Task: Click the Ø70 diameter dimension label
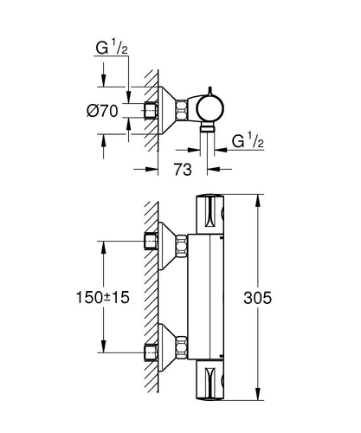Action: pyautogui.click(x=102, y=111)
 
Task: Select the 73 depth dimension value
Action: pyautogui.click(x=183, y=170)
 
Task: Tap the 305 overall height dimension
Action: pyautogui.click(x=257, y=298)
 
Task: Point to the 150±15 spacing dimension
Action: pyautogui.click(x=102, y=297)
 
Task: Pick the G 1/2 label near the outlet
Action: pyautogui.click(x=248, y=141)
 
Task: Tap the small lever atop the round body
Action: pyautogui.click(x=210, y=91)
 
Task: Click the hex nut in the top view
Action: pyautogui.click(x=182, y=110)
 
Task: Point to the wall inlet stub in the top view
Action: pyautogui.click(x=151, y=110)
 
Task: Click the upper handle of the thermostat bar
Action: pyautogui.click(x=210, y=214)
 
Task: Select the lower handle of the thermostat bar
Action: pyautogui.click(x=210, y=380)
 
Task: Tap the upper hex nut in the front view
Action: pyautogui.click(x=182, y=245)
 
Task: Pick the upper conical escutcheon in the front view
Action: pyautogui.click(x=167, y=246)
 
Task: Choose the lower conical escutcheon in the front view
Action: pyautogui.click(x=167, y=347)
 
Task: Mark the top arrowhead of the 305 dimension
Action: pyautogui.click(x=258, y=200)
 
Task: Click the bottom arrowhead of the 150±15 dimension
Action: pyautogui.click(x=103, y=346)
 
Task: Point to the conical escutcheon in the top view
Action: pyautogui.click(x=167, y=110)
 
